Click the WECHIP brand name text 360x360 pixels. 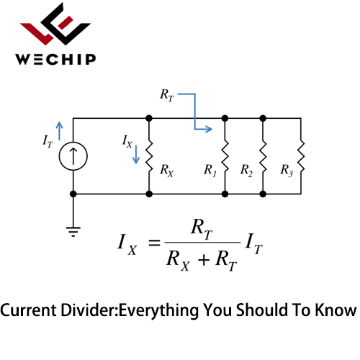click(55, 59)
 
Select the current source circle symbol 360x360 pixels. click(73, 156)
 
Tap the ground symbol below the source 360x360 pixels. click(73, 232)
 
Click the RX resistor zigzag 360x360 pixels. click(149, 156)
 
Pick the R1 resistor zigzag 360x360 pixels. click(225, 156)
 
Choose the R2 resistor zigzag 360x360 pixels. click(263, 156)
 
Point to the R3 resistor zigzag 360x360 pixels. click(301, 156)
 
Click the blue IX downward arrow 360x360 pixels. click(136, 155)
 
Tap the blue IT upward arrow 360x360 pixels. click(59, 131)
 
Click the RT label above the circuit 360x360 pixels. click(167, 95)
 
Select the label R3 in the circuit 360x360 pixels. click(287, 171)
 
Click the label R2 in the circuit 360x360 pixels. click(246, 171)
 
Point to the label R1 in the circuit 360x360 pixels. click(210, 171)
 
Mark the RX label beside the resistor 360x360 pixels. click(167, 171)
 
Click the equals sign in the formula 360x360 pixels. click(154, 243)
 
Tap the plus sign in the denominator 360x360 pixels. click(204, 260)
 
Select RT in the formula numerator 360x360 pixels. click(202, 229)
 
